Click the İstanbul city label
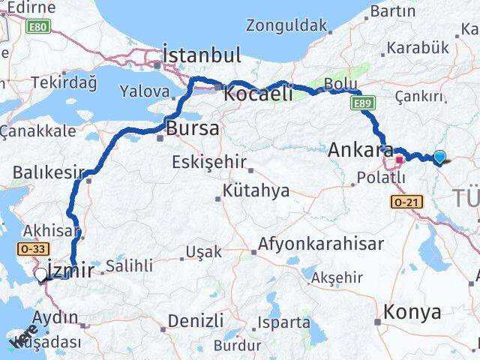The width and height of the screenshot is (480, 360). pos(202,55)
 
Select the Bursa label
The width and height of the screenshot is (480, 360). pos(193,128)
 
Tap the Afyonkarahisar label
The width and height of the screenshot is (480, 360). pos(322,244)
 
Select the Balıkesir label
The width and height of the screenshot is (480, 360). pos(48,172)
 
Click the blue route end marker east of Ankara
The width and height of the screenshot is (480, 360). pos(439,157)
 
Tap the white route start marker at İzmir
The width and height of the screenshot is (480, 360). pos(42,274)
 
